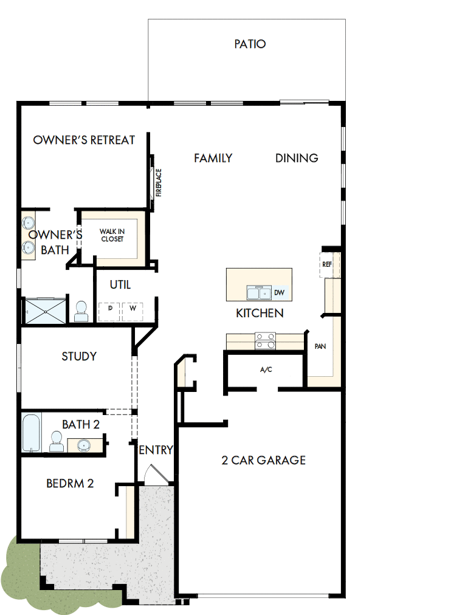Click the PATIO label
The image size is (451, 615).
click(x=250, y=44)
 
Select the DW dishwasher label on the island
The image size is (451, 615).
click(x=279, y=293)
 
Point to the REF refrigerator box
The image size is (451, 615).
click(x=327, y=264)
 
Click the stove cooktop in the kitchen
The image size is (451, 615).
click(x=265, y=341)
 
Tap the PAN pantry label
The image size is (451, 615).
click(x=320, y=346)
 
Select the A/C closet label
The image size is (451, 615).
click(x=266, y=369)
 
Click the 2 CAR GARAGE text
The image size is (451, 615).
click(x=263, y=460)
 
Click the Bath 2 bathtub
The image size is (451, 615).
click(x=32, y=433)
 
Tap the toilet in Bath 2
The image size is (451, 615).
click(x=56, y=441)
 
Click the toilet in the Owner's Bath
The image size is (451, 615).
click(x=81, y=311)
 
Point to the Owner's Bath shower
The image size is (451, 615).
click(x=44, y=311)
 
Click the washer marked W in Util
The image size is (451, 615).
click(x=132, y=309)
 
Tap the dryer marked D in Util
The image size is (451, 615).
click(x=110, y=309)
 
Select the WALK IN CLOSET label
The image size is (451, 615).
click(x=112, y=235)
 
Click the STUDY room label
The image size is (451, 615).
click(x=79, y=356)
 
